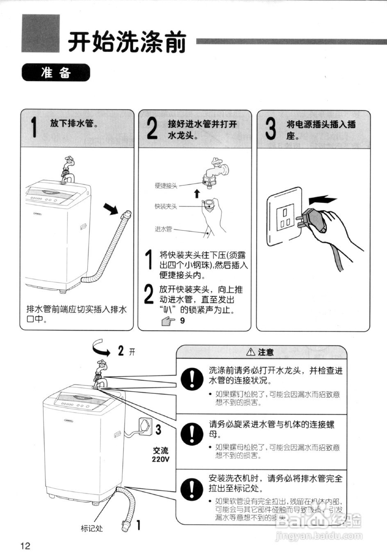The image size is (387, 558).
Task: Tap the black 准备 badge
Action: click(x=56, y=73)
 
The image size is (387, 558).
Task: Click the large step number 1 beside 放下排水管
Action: click(x=34, y=127)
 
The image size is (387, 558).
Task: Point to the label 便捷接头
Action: click(x=166, y=186)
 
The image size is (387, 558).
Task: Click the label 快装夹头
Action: click(x=166, y=206)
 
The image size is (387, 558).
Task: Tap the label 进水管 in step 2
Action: click(x=164, y=229)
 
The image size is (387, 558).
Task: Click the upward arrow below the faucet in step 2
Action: click(x=197, y=193)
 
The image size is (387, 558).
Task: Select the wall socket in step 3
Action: click(x=285, y=217)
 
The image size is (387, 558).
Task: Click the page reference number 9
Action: click(x=182, y=320)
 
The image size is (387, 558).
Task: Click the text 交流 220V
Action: click(x=160, y=455)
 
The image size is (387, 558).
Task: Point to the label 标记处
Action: click(x=92, y=528)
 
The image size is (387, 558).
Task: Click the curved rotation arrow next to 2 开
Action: click(x=100, y=348)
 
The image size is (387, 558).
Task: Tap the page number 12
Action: click(x=25, y=546)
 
